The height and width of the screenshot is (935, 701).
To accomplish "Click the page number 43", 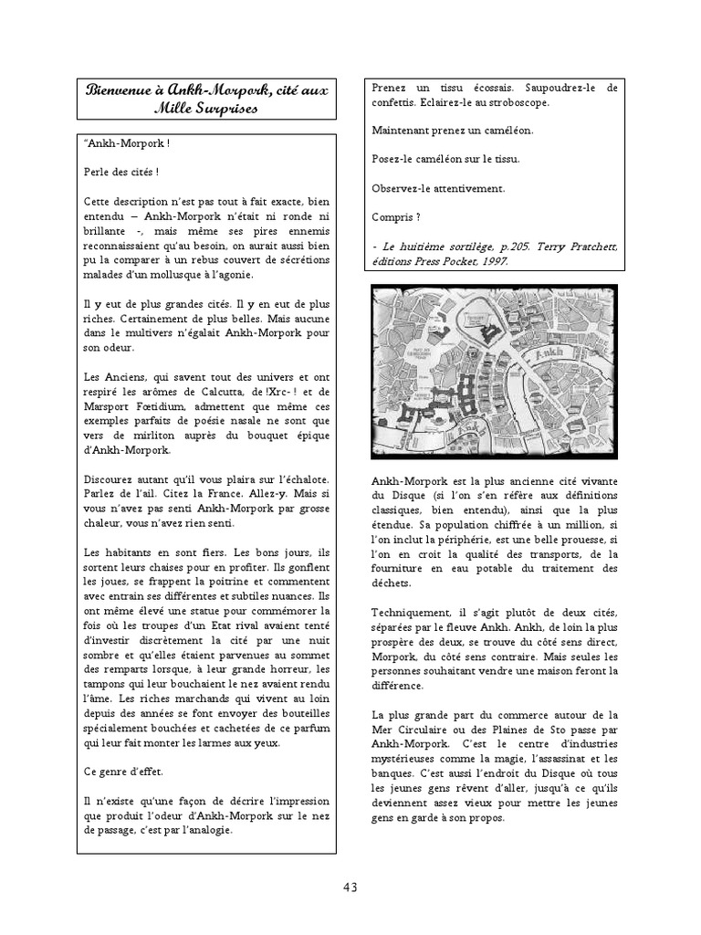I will click(350, 887).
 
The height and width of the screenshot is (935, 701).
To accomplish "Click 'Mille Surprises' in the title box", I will click(205, 109).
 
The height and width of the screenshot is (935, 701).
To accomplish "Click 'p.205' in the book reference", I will click(499, 247).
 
